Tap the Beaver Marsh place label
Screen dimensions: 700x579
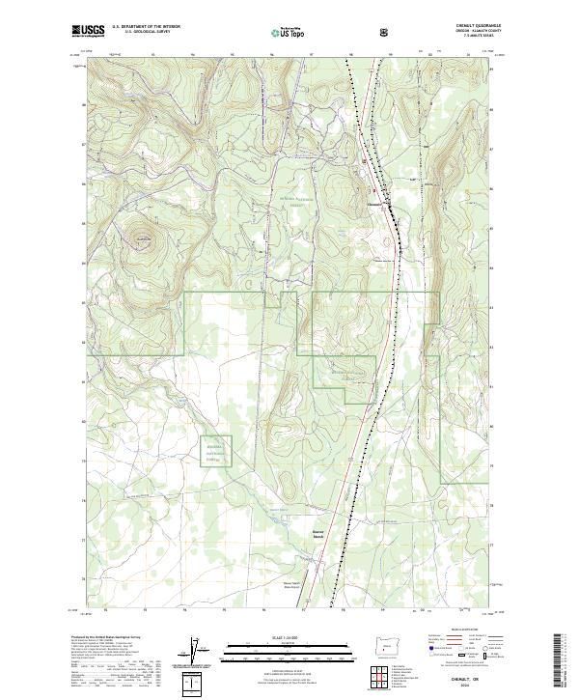[x=291, y=534]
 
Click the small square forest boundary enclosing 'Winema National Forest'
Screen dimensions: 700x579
[x=216, y=450]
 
